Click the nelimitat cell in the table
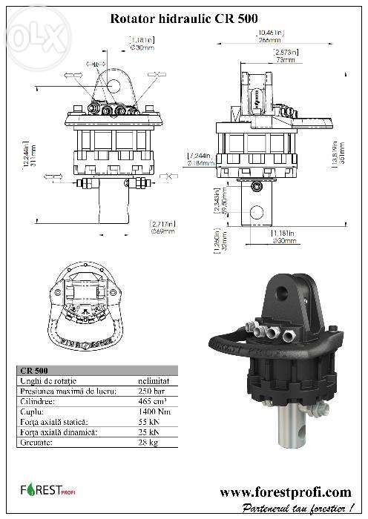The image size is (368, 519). coord(155,380)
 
